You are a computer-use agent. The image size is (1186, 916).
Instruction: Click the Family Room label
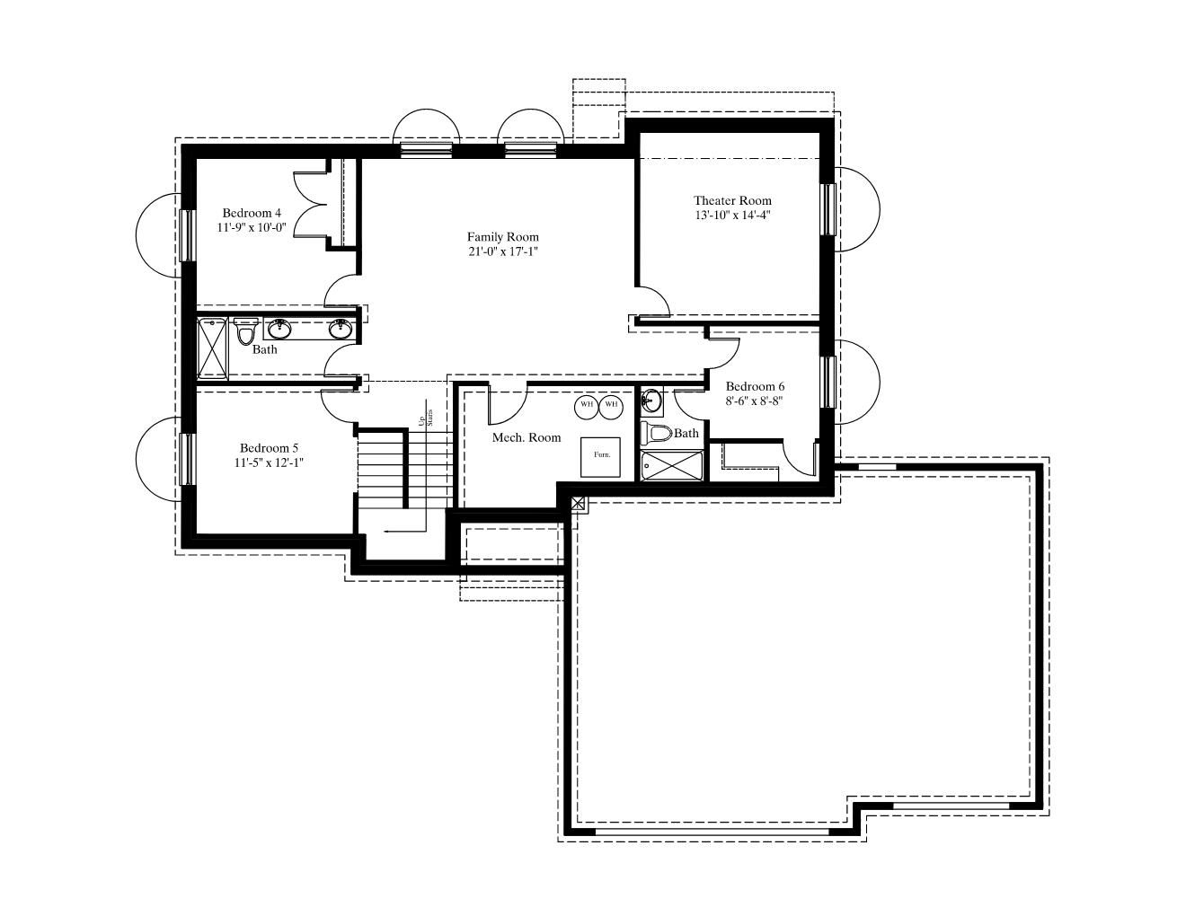[502, 237]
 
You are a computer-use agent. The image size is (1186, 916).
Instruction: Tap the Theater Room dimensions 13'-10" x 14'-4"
[732, 215]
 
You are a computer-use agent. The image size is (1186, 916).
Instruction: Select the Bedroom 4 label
[252, 213]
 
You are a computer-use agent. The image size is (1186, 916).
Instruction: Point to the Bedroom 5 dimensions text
[269, 462]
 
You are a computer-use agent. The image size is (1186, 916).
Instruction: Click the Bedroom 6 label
[755, 386]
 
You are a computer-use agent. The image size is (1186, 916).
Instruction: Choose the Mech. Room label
[527, 437]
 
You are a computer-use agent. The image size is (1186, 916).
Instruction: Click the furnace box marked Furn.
[600, 457]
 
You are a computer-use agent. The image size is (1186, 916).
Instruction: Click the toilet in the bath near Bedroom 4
[246, 330]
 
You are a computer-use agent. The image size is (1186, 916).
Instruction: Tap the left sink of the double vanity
[279, 328]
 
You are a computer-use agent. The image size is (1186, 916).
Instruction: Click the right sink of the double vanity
[340, 328]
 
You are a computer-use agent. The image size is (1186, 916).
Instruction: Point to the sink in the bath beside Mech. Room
[651, 401]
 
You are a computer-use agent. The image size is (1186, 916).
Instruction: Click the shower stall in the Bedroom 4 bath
[212, 348]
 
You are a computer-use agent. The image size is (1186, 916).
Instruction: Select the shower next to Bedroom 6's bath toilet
[672, 465]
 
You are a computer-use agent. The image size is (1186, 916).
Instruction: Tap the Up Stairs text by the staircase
[426, 418]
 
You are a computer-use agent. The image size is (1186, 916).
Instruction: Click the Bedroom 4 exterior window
[188, 235]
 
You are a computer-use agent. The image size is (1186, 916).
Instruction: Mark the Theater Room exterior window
[829, 209]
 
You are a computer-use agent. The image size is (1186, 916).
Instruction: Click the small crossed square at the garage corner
[579, 503]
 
